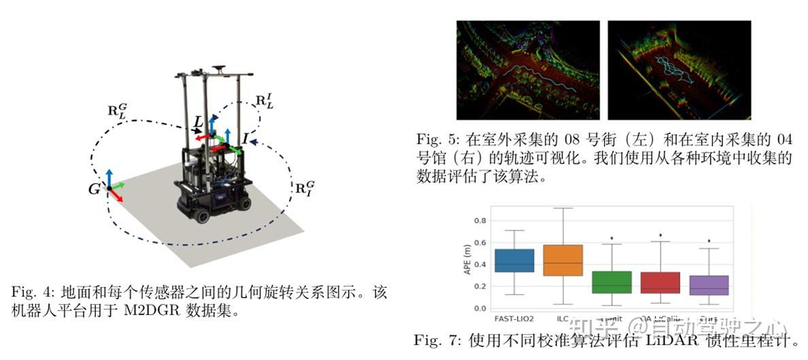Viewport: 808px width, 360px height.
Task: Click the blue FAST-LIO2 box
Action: point(514,260)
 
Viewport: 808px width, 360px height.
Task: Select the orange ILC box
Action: point(562,260)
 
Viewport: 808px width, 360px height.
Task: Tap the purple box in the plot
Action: point(709,284)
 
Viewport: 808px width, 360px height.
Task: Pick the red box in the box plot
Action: point(660,282)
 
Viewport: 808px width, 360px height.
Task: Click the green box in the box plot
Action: point(611,282)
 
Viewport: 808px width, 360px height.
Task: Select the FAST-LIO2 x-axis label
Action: point(514,318)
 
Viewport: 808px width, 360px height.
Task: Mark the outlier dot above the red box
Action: point(660,235)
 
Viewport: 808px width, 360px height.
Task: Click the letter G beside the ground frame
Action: point(94,189)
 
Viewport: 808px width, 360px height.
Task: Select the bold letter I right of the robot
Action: point(244,139)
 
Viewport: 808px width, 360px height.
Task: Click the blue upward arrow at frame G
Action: point(108,176)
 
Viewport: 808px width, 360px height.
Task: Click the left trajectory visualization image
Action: point(528,69)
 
